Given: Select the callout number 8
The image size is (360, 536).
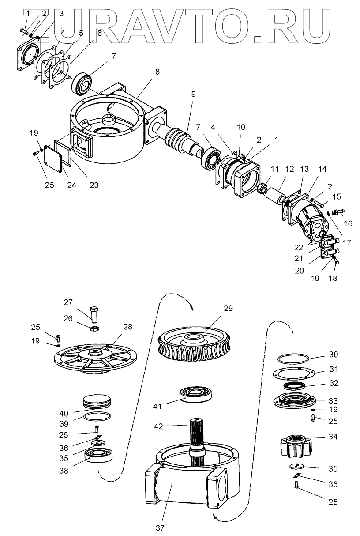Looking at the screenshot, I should point(157,72).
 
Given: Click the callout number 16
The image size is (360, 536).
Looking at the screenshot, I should point(348,223).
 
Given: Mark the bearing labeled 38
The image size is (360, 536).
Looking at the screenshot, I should point(101,455).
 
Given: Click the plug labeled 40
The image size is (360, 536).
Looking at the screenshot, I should point(97,402).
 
